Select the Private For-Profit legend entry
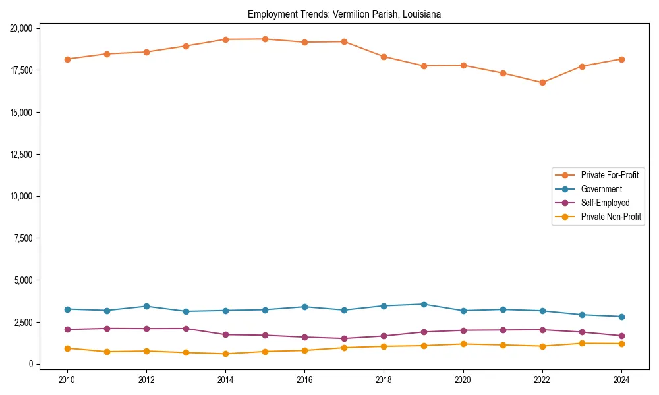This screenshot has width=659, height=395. (x=610, y=175)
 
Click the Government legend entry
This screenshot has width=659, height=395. (x=601, y=189)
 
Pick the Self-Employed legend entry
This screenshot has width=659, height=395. (x=605, y=203)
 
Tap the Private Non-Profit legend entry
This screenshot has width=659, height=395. (x=611, y=217)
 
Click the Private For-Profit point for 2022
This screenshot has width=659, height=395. (x=542, y=82)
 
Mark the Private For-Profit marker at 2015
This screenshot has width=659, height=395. (x=265, y=39)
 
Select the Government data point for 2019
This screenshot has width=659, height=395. (x=424, y=304)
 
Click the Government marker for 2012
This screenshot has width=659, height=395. (x=146, y=306)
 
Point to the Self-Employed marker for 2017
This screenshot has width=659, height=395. (x=344, y=338)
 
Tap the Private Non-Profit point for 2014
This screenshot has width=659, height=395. (x=225, y=354)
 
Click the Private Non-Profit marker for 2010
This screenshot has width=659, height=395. (x=67, y=348)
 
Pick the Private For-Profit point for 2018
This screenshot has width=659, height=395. (x=384, y=57)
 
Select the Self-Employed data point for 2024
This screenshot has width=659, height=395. (x=621, y=336)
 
